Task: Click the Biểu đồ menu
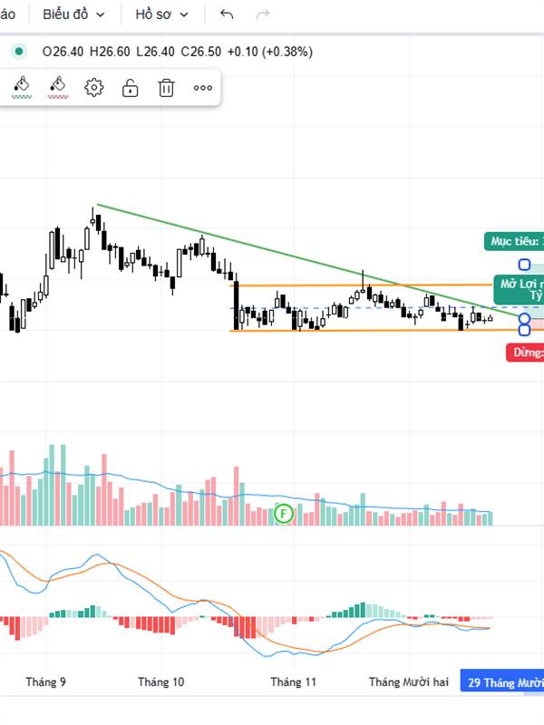(x=73, y=14)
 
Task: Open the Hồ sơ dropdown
(x=161, y=14)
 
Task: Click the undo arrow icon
(x=227, y=14)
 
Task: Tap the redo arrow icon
(x=263, y=14)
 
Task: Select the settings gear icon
(x=94, y=88)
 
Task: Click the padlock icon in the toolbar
(x=131, y=88)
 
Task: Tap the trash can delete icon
(x=167, y=88)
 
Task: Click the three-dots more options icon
(x=203, y=88)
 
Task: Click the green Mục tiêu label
(x=513, y=242)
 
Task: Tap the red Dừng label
(x=525, y=353)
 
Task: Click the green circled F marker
(x=284, y=514)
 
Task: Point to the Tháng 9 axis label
(x=46, y=682)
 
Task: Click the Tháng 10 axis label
(x=161, y=682)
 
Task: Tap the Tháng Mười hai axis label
(x=409, y=682)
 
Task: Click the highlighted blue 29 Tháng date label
(x=503, y=682)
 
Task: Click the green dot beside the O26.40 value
(x=18, y=52)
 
